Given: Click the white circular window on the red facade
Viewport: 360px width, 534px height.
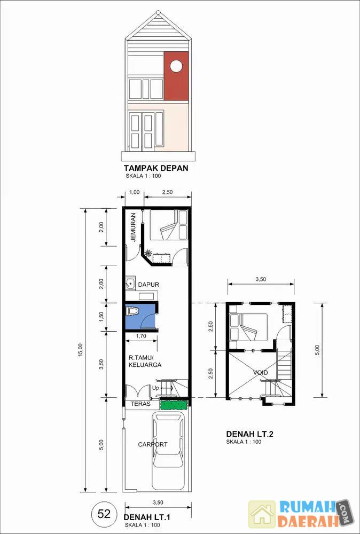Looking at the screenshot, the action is click(176, 66).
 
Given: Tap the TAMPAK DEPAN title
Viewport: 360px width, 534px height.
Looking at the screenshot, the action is click(156, 168).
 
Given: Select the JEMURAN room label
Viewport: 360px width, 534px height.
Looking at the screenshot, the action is click(133, 227).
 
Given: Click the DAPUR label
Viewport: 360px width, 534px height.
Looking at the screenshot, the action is click(148, 285).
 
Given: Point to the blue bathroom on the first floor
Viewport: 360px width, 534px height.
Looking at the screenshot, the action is click(140, 316).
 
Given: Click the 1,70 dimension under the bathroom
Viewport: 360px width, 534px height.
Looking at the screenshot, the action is click(141, 336).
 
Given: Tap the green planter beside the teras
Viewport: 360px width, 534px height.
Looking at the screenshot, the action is click(174, 404).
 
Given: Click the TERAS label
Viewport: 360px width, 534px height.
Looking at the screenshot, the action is click(142, 404).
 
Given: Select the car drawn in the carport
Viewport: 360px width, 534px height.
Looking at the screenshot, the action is click(169, 451).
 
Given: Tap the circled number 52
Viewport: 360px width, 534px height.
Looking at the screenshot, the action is click(104, 514).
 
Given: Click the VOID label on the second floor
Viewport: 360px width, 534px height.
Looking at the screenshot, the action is click(261, 373).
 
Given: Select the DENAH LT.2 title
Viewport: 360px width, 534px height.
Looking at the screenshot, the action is click(250, 434).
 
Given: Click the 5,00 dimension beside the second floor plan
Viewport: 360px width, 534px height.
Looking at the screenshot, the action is click(317, 350).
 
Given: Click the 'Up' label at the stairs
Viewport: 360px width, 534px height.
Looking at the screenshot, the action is click(155, 388).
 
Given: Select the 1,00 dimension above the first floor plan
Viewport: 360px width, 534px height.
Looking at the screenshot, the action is click(135, 192).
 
